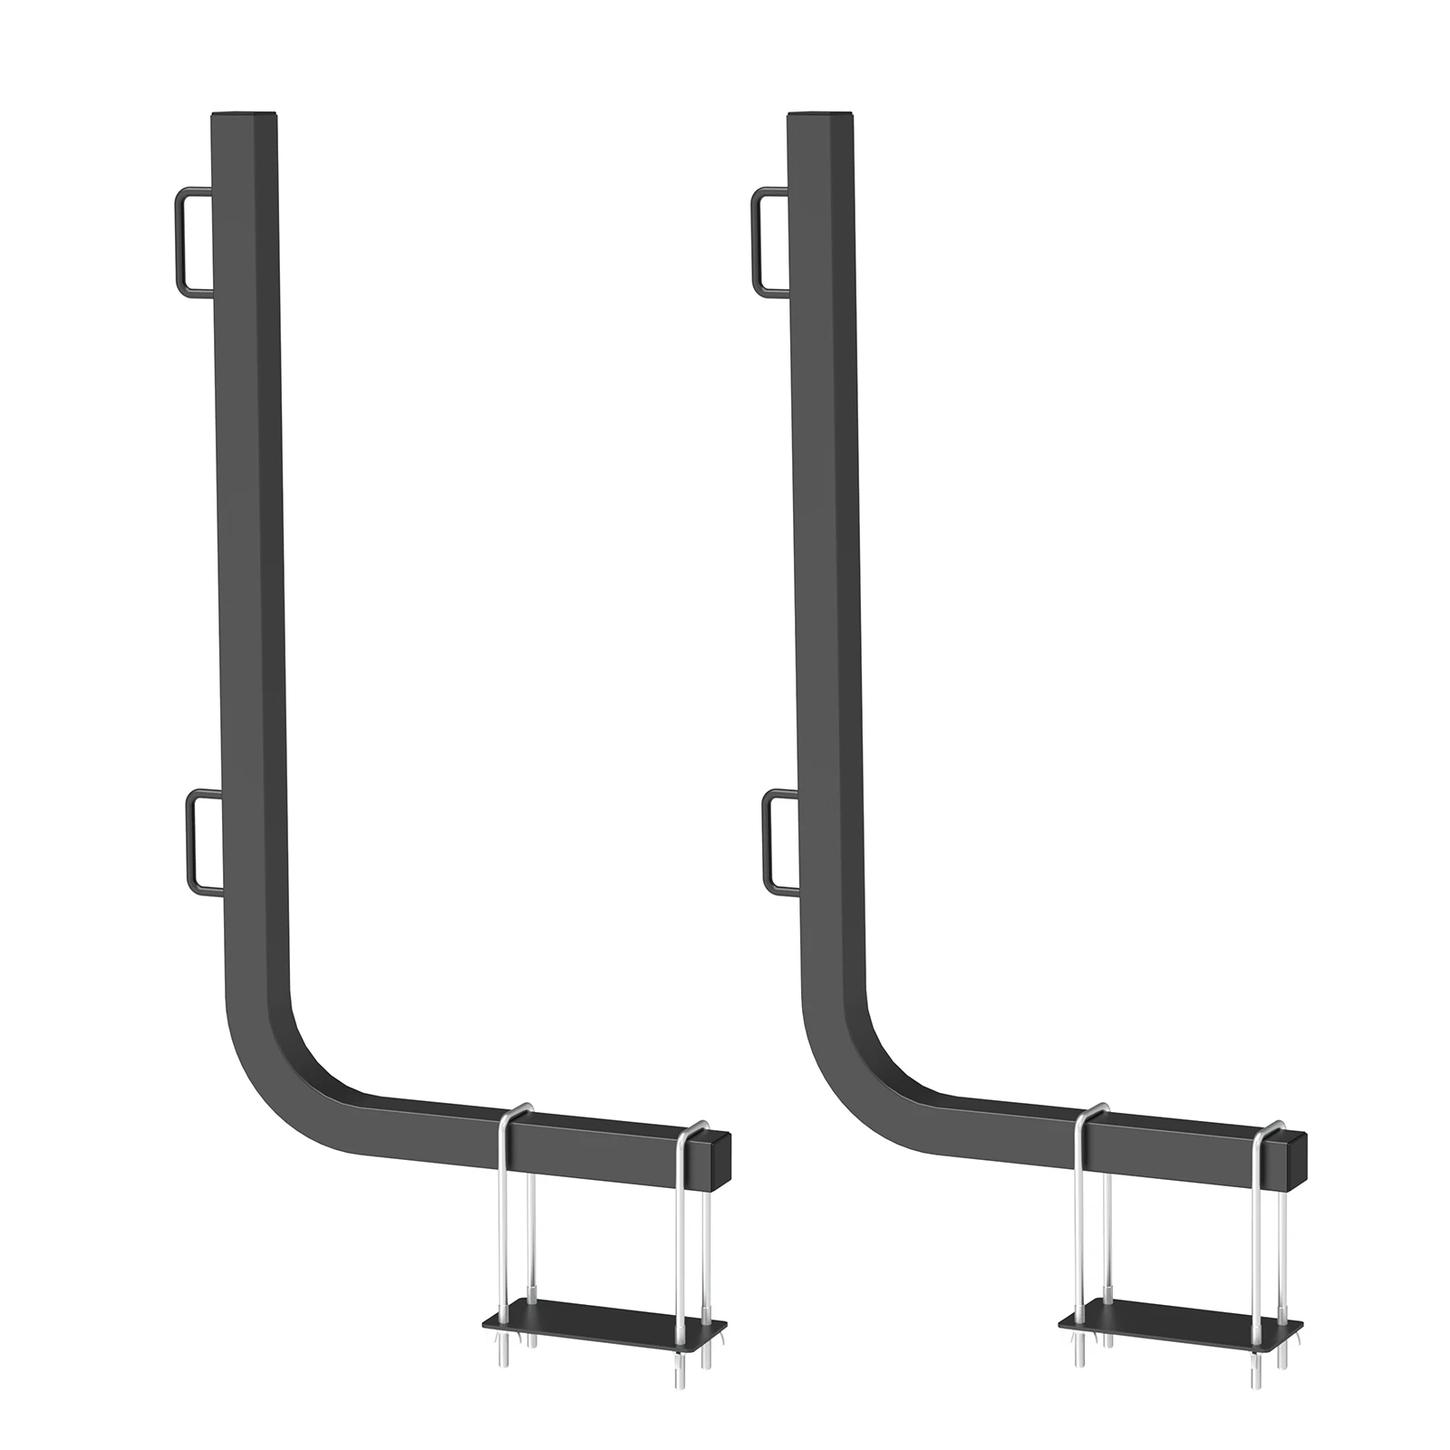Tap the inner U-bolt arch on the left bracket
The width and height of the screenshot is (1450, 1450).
click(x=517, y=1111)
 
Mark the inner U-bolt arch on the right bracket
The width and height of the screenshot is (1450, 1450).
click(x=1093, y=1111)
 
